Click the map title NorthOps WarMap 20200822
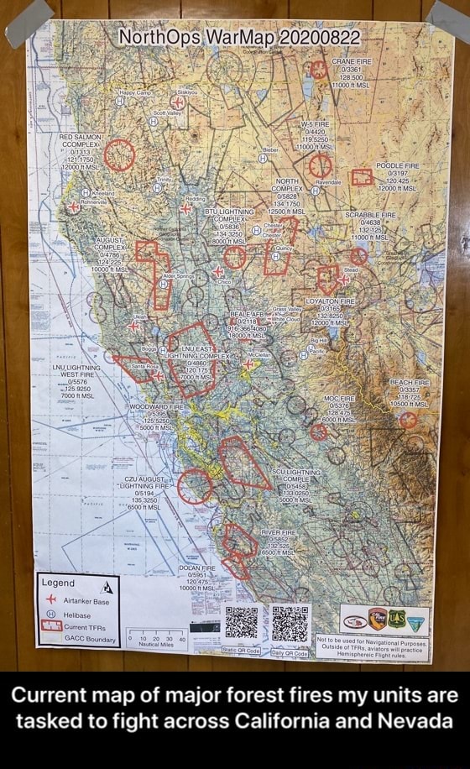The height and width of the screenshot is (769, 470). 238,38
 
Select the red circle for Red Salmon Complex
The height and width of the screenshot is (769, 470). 119,154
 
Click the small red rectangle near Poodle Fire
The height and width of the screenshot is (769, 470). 362,177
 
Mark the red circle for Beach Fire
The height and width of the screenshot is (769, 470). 408,420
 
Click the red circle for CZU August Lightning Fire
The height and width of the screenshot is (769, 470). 196,486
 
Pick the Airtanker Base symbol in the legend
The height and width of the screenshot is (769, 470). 51,599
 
